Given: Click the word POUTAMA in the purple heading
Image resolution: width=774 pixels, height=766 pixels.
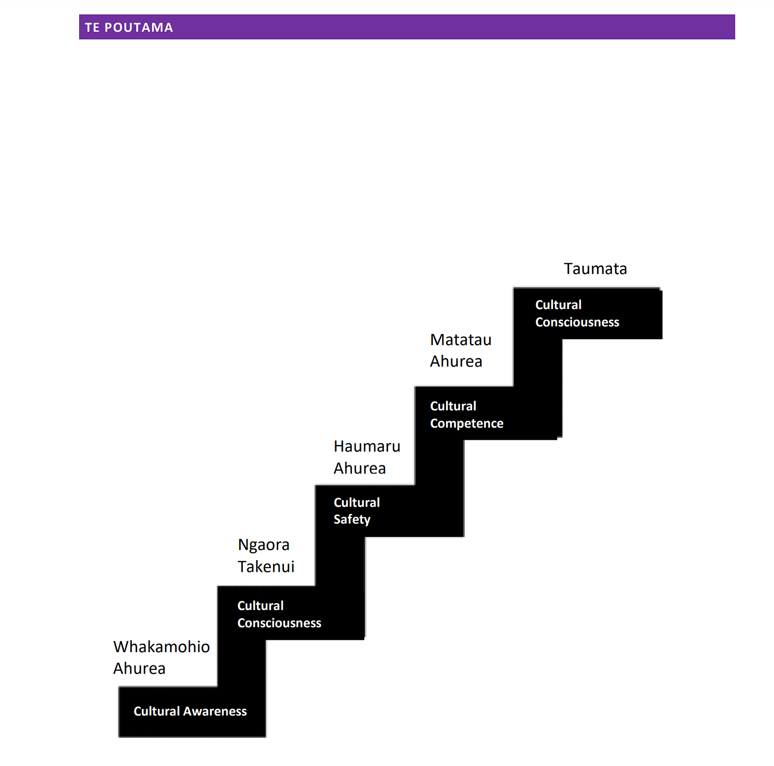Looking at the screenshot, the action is click(x=139, y=28).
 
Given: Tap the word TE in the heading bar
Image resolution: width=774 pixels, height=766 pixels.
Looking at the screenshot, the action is click(x=92, y=28).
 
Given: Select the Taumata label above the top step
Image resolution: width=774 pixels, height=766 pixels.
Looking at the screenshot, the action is click(x=595, y=269).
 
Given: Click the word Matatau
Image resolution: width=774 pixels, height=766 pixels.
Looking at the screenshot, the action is click(x=461, y=340).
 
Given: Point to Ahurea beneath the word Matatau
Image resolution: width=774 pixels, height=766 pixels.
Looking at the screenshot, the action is click(x=456, y=362).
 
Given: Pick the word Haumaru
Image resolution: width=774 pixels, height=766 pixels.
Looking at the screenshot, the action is click(x=367, y=446).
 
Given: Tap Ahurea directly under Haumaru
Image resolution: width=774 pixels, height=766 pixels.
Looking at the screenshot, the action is click(x=360, y=469).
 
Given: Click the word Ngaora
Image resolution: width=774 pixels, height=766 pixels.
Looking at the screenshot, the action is click(x=264, y=545).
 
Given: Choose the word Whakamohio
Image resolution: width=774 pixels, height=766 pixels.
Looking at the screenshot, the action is click(x=162, y=647).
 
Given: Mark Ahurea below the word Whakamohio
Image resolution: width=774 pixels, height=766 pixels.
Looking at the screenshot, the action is click(x=139, y=669).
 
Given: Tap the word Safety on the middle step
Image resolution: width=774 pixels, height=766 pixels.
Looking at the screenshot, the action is click(x=352, y=520).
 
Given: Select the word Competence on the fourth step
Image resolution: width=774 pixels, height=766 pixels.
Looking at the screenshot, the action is click(x=467, y=423).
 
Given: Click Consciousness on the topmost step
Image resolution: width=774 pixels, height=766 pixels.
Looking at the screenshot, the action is click(x=577, y=322).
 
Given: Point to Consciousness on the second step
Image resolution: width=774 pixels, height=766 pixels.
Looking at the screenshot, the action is click(x=280, y=623).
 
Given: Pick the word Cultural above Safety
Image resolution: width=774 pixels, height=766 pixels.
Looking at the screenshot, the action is click(x=357, y=503).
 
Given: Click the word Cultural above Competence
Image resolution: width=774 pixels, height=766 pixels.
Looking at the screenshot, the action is click(x=453, y=406).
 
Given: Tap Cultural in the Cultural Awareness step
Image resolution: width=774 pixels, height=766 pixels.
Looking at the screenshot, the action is click(x=157, y=712).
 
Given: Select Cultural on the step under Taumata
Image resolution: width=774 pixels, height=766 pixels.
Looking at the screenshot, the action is click(x=558, y=305).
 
